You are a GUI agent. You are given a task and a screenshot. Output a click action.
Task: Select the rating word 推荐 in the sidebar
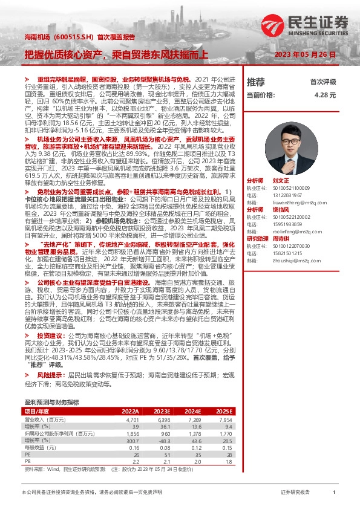pyautogui.click(x=256, y=82)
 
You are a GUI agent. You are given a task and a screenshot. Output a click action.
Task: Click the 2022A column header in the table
pyautogui.click(x=130, y=410)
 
